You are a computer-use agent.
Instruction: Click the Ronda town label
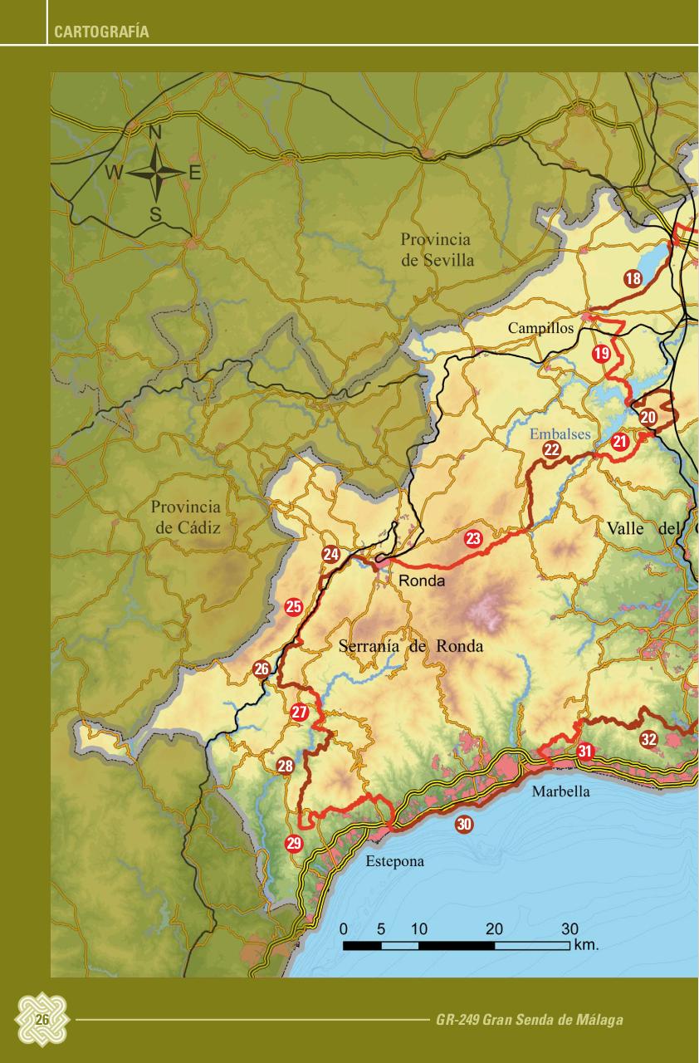point(422,580)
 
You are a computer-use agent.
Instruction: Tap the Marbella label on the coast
point(561,791)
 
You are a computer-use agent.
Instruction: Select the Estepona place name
point(395,861)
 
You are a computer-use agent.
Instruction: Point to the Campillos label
point(540,328)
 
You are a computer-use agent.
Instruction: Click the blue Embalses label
point(560,434)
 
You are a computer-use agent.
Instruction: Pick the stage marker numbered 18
point(633,279)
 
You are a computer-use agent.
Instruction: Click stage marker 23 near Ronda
point(473,539)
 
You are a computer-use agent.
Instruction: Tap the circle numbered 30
point(464,825)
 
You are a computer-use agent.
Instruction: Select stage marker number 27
point(300,713)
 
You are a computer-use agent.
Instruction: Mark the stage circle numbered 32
point(649,739)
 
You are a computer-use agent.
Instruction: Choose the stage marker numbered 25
point(293,607)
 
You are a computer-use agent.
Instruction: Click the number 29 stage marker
point(294,844)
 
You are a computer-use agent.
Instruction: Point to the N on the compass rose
point(155,132)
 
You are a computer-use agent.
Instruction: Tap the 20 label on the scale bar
point(494,928)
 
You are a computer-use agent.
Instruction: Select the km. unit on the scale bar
point(586,944)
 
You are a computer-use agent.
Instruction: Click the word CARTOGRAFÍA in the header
point(101,33)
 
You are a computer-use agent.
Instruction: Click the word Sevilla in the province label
point(448,260)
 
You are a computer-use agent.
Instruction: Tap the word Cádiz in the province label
point(199,527)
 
